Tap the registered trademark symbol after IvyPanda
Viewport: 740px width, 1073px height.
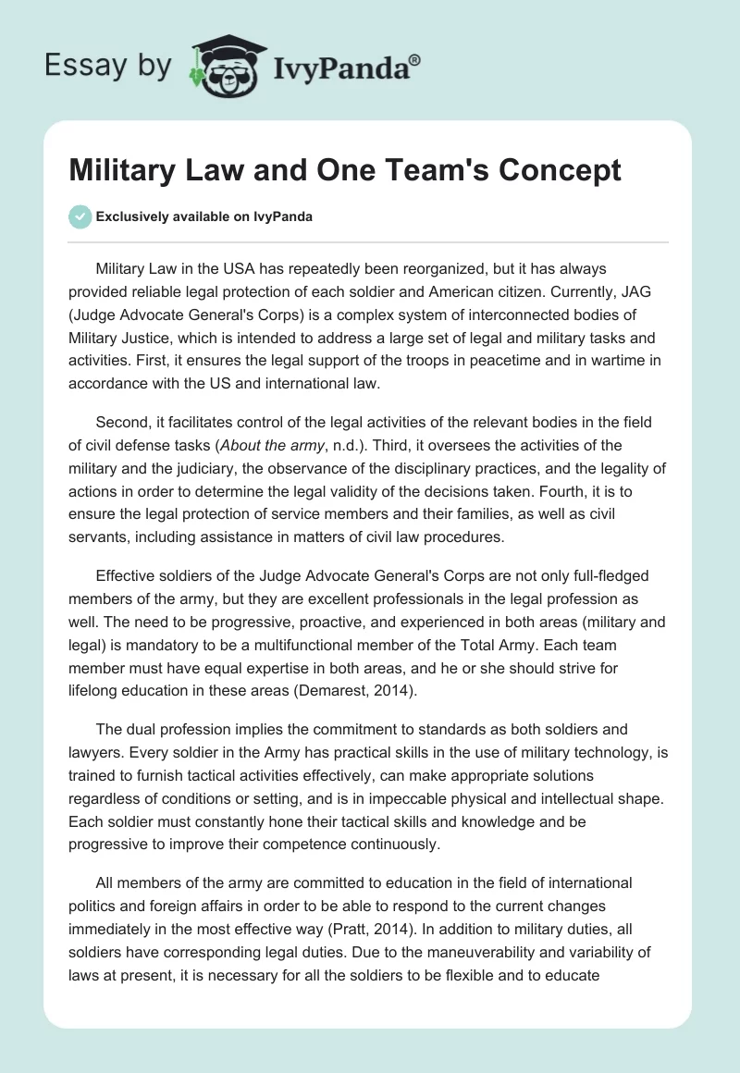click(x=414, y=60)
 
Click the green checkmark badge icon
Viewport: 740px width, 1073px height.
click(x=80, y=217)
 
